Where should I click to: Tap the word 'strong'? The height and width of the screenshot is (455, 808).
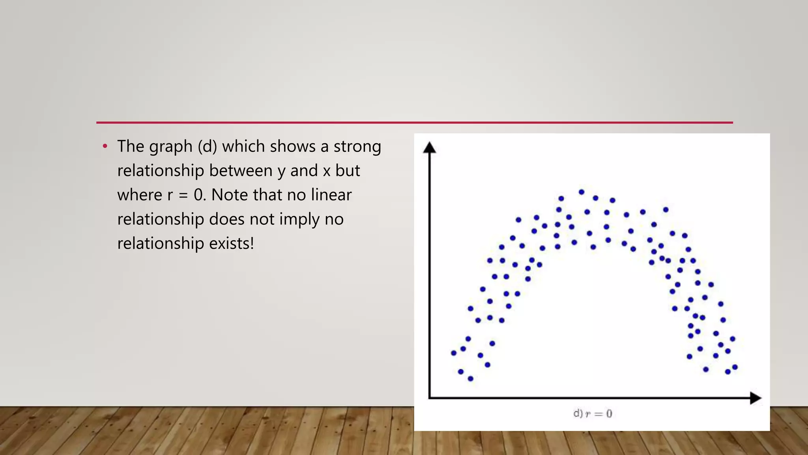click(357, 147)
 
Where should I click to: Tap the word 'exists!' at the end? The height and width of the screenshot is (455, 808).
click(231, 243)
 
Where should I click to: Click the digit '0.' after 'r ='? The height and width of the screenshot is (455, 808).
click(200, 195)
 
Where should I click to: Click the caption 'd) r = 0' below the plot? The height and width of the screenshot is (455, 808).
click(592, 414)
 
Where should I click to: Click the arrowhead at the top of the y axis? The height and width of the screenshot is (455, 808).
click(429, 148)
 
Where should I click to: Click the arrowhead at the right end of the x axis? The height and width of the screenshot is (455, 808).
click(755, 398)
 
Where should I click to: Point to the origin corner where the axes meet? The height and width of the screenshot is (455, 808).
click(430, 398)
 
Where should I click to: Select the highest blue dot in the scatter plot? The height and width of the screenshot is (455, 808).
click(581, 192)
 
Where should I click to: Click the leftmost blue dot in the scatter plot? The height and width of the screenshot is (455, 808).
click(454, 353)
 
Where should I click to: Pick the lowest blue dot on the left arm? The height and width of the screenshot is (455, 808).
click(470, 378)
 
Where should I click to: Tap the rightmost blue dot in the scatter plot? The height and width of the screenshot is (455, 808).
click(735, 367)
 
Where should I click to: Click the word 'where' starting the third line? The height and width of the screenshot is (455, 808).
click(140, 195)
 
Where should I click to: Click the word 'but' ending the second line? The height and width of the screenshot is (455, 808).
click(348, 171)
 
